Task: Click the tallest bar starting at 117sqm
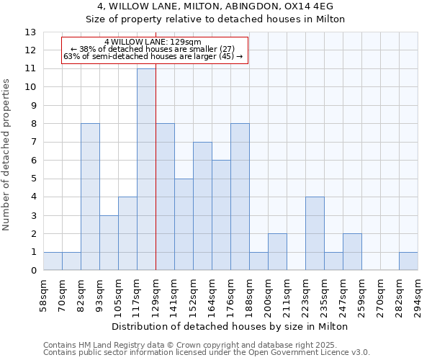pos(146,169)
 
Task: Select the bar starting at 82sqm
pos(90,197)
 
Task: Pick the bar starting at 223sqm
pos(315,234)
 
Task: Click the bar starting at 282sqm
pos(408,261)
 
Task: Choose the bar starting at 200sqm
pos(277,252)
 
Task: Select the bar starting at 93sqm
pos(109,243)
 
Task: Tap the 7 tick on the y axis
pos(33,142)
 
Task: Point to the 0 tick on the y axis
pos(33,271)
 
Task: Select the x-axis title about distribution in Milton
pos(230,326)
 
